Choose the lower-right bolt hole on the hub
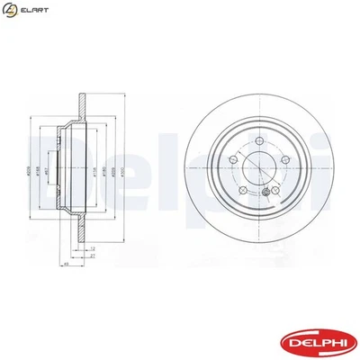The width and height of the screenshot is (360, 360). [274, 191]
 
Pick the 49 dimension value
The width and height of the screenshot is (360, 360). [66, 265]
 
